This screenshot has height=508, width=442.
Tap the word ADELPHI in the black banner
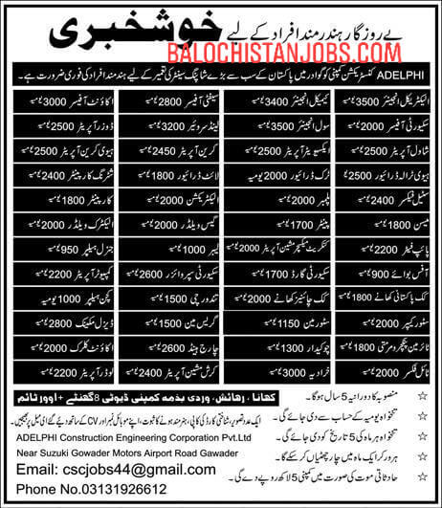399,76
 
